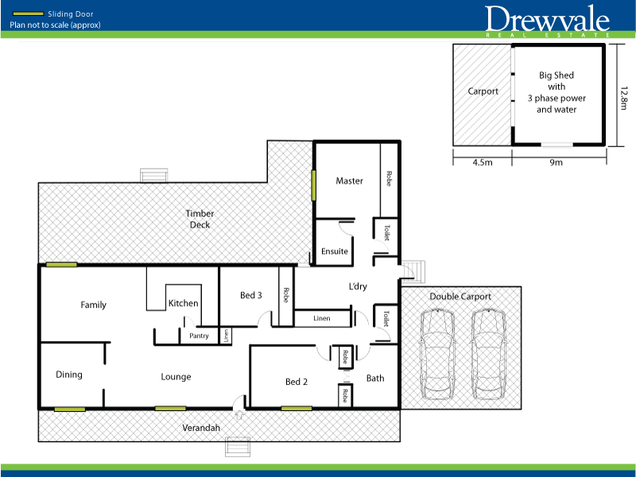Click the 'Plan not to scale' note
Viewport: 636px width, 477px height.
[x=55, y=25]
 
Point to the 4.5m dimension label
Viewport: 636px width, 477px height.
[x=482, y=162]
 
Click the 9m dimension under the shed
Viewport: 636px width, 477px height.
[x=556, y=162]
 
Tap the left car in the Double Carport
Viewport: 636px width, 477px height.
[x=438, y=353]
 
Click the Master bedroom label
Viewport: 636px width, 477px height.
[x=349, y=180]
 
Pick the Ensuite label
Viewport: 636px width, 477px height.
[x=335, y=251]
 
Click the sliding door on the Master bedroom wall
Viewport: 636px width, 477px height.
[x=315, y=186]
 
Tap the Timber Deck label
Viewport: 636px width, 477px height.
[x=200, y=219]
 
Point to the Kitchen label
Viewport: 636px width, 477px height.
[x=183, y=303]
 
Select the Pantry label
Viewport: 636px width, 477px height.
[x=199, y=335]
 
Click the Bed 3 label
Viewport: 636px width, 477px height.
[x=250, y=295]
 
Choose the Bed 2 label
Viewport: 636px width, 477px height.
[x=296, y=382]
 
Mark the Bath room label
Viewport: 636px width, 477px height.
[x=375, y=378]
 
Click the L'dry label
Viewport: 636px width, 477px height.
[x=358, y=286]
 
